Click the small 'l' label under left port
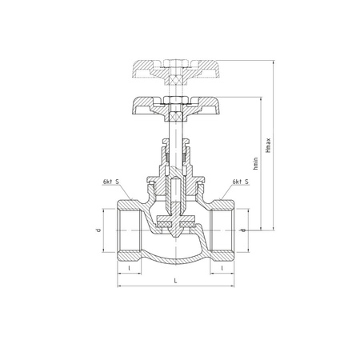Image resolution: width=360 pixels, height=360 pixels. click(x=129, y=269)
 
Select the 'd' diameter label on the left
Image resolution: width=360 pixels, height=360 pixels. click(x=98, y=231)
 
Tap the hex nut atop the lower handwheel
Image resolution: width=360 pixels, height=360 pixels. click(x=175, y=100)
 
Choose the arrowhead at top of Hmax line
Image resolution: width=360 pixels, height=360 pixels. click(x=274, y=61)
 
